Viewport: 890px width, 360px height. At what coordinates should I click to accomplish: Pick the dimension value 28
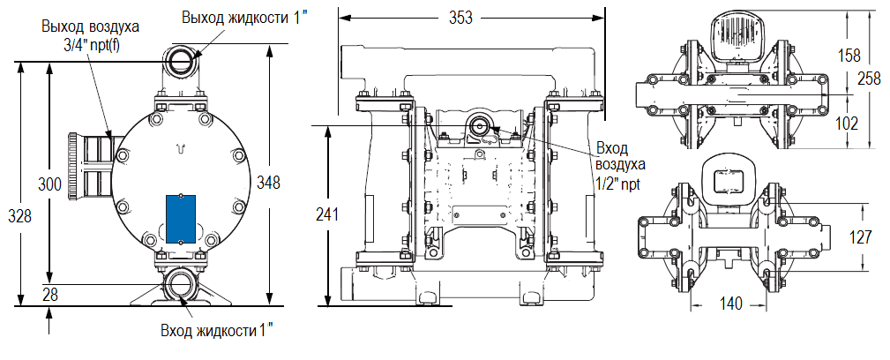point(49,294)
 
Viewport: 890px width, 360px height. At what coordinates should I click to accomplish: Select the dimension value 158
point(848,55)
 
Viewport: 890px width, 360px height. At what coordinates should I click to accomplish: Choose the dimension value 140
point(729,303)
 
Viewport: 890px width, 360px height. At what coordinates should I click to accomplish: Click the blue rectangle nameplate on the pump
point(179,220)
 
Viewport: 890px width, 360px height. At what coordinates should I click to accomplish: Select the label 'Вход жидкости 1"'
point(217,331)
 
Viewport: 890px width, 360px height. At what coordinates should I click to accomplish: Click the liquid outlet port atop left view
point(181,60)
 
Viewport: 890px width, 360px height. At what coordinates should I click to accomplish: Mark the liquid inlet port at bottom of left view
point(181,284)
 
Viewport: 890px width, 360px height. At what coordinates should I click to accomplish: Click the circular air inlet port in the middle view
point(480,126)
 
